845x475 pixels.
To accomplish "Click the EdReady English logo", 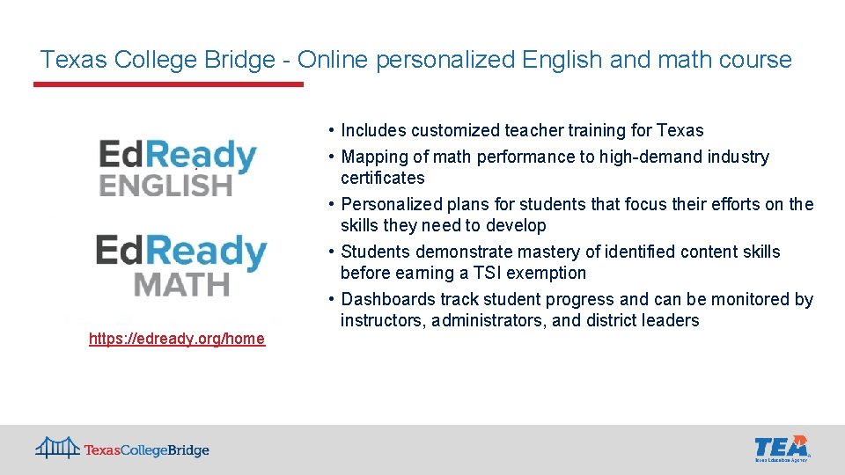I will coord(177,168).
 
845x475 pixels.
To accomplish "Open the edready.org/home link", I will coord(177,339).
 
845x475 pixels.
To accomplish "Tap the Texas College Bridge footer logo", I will coord(122,449).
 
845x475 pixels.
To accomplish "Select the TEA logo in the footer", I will coord(782,448).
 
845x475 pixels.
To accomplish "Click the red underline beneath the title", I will coord(168,84).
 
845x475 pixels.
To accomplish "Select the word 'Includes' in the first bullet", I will coord(372,131).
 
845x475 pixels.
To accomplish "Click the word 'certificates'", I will coord(382,179).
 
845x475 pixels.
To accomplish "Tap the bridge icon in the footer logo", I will coord(57,449).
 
